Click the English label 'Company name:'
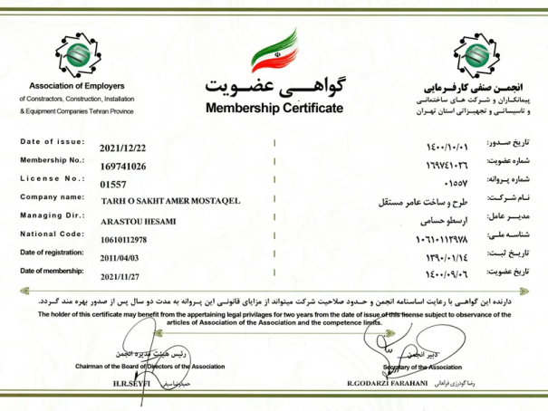click(53, 196)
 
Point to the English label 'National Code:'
click(53, 234)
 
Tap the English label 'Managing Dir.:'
click(52, 215)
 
